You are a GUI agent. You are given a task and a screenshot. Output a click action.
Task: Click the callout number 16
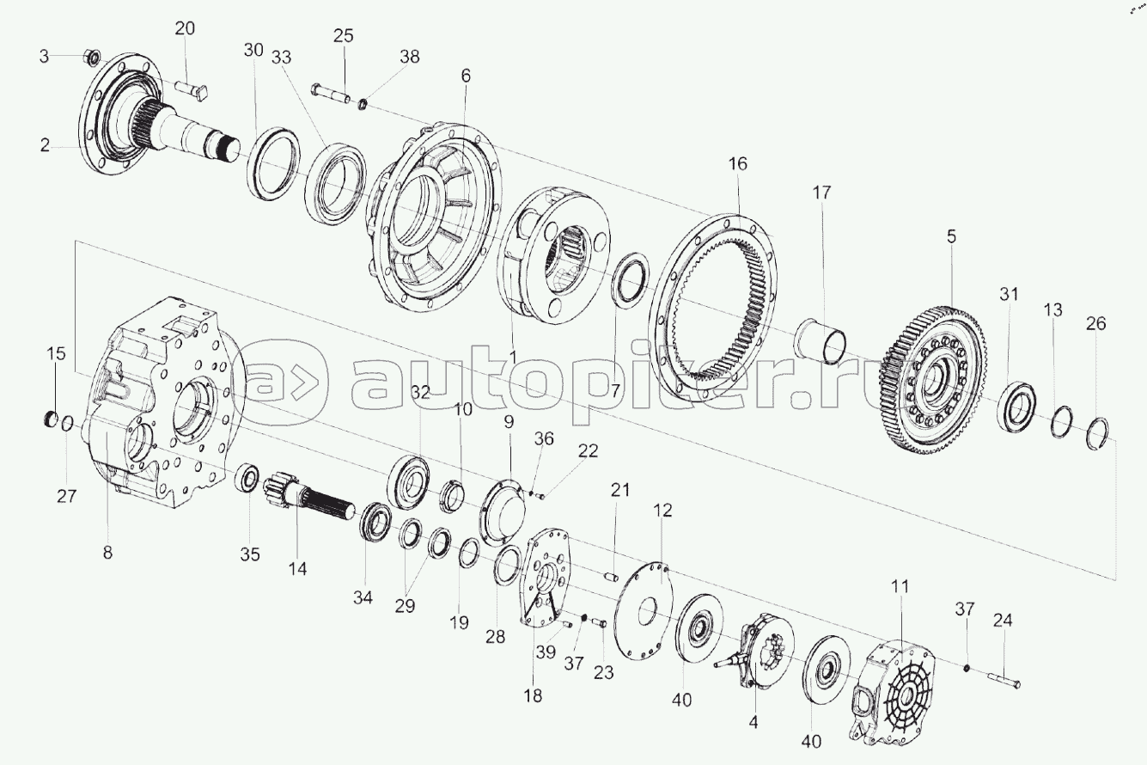click(x=738, y=164)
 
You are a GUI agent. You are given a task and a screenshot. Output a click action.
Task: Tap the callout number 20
click(x=185, y=28)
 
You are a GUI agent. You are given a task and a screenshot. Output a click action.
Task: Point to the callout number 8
click(x=107, y=554)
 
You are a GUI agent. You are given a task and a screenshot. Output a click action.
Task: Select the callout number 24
click(x=1003, y=621)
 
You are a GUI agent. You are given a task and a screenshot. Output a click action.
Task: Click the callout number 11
click(x=900, y=586)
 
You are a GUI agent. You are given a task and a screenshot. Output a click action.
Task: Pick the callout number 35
click(x=250, y=554)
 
